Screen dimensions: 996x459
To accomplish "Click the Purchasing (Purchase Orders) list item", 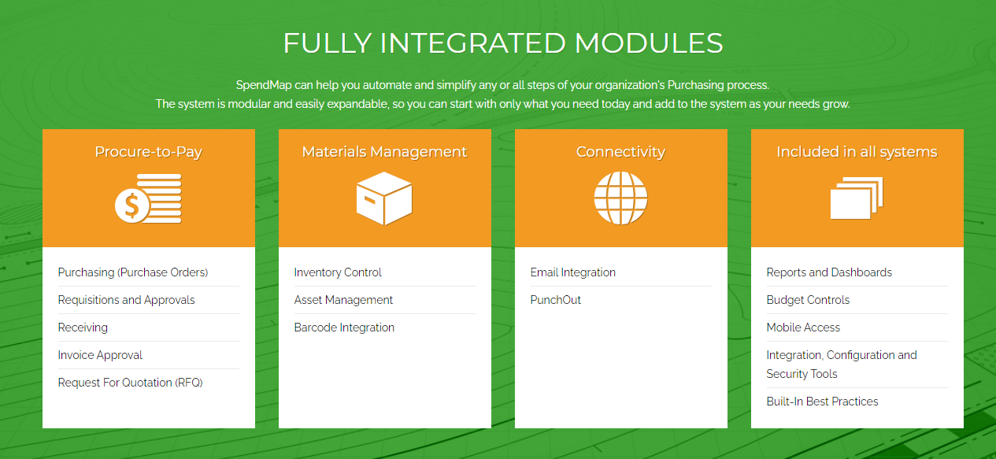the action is point(132,272).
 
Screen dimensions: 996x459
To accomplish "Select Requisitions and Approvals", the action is point(126,300).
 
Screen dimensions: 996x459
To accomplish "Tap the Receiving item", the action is point(83,328).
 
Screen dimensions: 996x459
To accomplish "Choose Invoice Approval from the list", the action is point(100,355).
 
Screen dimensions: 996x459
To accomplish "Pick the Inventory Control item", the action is point(338,272).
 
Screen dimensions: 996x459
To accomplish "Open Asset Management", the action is point(343,300).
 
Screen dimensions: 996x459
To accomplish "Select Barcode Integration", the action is point(344,328).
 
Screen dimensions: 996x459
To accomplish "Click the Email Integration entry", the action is point(573,272).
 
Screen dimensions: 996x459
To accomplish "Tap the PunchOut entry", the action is point(556,300).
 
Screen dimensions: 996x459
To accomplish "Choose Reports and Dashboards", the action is point(829,272).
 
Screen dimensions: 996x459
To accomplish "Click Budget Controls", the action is point(808,300).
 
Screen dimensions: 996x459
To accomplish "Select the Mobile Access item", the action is point(803,328).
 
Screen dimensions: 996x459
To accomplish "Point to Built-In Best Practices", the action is point(822,402).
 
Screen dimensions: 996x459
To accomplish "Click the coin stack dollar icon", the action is point(148,198).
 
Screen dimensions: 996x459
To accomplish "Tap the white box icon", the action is point(384,198).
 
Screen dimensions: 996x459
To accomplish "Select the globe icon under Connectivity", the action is point(620,198).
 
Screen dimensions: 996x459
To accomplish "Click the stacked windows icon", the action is point(857,198).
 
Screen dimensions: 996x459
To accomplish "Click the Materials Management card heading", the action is point(384,152).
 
